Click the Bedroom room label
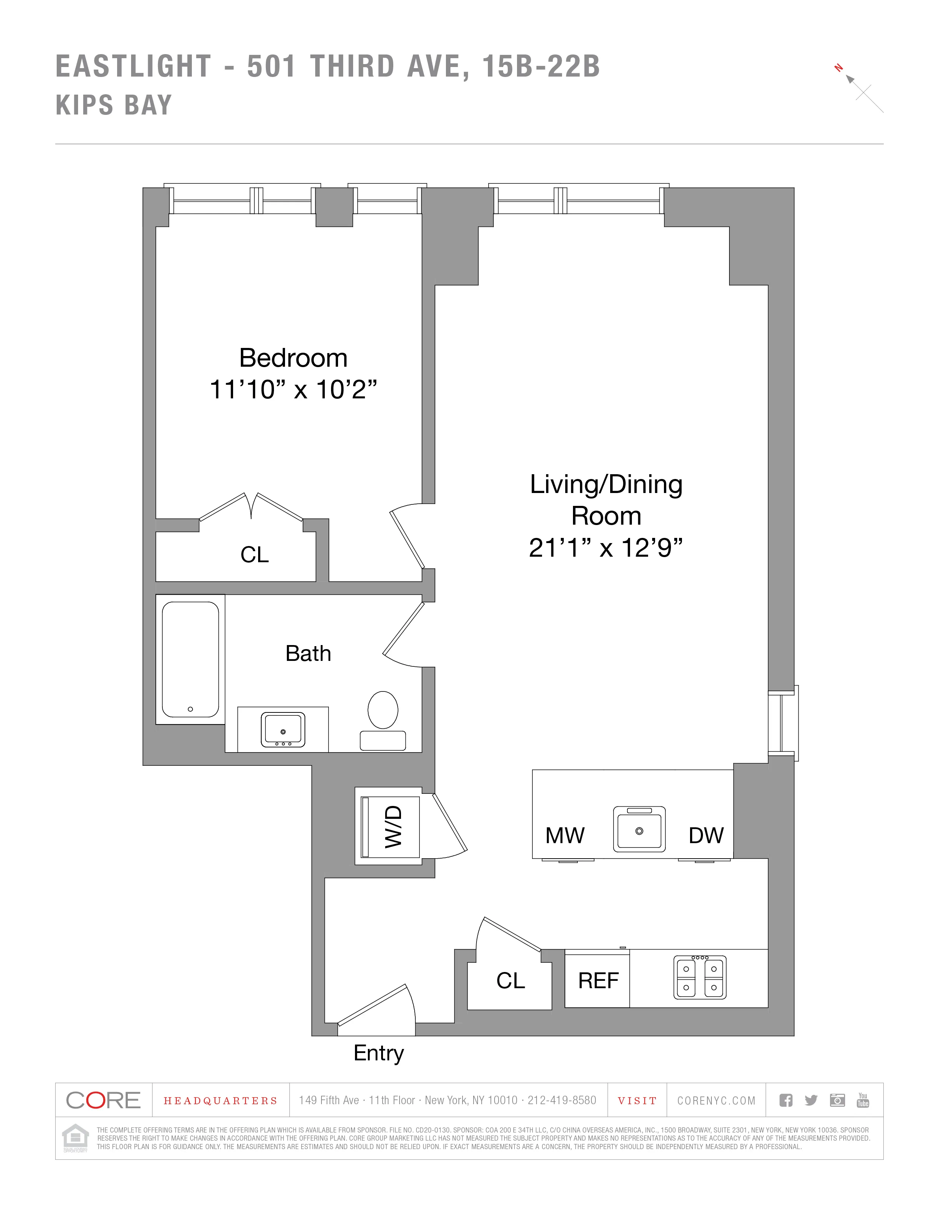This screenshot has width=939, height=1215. [293, 358]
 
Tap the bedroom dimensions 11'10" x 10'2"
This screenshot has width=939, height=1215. [293, 390]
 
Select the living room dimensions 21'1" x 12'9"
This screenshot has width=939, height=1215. [605, 548]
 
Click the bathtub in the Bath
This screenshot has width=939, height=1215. [190, 659]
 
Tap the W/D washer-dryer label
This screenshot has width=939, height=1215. [393, 826]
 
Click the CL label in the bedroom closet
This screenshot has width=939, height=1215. [254, 554]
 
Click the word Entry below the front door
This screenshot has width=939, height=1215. [378, 1053]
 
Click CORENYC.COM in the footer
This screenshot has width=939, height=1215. [716, 1100]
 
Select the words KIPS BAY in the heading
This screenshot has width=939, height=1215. [114, 105]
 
